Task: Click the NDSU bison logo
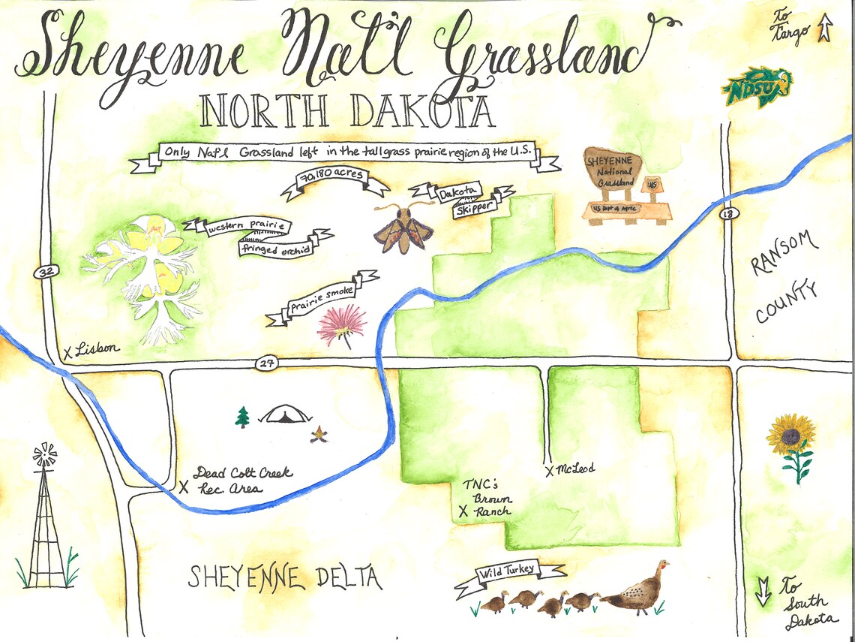click(x=757, y=86)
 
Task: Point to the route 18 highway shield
click(x=725, y=214)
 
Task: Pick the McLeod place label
click(x=576, y=469)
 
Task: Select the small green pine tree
click(x=242, y=417)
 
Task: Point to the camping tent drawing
click(x=286, y=414)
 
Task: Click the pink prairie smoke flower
click(x=342, y=324)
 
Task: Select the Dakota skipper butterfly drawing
click(x=403, y=228)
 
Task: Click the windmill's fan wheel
click(x=45, y=454)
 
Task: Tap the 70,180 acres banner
click(x=334, y=181)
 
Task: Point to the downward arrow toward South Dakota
click(x=763, y=592)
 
